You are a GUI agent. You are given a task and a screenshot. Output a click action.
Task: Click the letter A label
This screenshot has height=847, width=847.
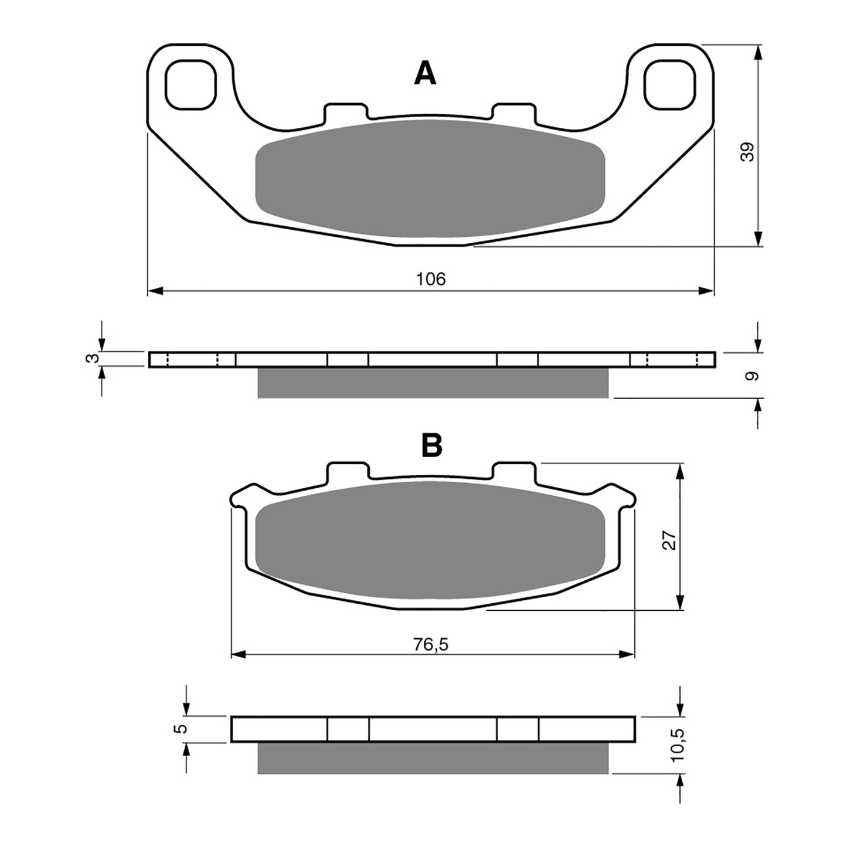coord(425,74)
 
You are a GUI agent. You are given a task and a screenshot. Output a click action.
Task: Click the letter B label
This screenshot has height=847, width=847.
coord(432,446)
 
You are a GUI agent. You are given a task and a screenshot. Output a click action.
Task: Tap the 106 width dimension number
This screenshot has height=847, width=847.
coord(431,279)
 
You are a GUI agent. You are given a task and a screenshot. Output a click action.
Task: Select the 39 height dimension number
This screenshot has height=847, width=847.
coord(747,152)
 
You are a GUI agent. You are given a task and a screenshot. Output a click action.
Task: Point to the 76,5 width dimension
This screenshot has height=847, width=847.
coord(431,644)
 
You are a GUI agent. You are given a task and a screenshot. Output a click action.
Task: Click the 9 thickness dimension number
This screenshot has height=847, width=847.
coord(751,375)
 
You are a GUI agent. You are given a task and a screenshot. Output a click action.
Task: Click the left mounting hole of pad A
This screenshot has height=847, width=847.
coord(191,84)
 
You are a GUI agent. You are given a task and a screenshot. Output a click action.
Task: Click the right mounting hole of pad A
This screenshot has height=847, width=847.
coord(669,84)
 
